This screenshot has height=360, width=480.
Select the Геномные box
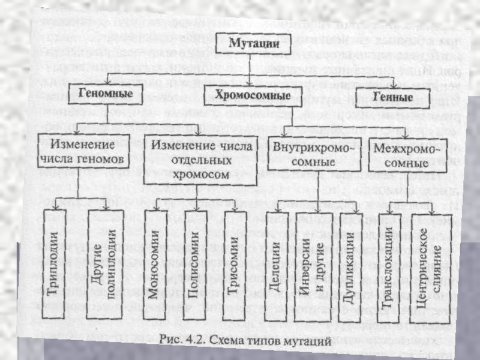point(105,94)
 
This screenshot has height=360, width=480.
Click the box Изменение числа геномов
point(82,152)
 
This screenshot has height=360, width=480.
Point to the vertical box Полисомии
point(193,265)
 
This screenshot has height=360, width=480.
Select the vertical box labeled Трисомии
point(235,265)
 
